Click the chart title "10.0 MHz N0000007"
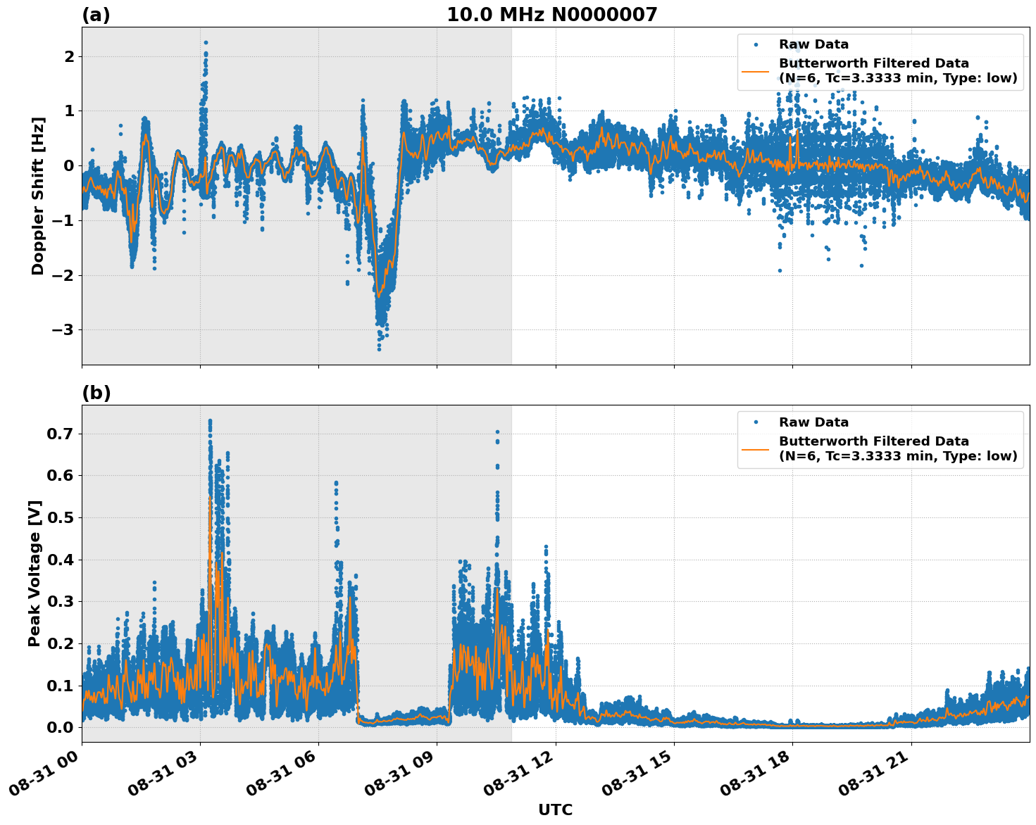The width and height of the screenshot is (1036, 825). (x=551, y=15)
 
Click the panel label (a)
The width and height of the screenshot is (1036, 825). (x=96, y=15)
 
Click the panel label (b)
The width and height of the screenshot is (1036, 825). (x=96, y=393)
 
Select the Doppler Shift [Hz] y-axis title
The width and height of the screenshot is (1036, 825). (x=38, y=196)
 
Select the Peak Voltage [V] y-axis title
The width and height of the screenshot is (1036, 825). (x=35, y=573)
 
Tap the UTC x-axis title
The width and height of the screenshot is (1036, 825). (x=555, y=810)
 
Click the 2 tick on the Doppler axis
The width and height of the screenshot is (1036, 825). (x=69, y=56)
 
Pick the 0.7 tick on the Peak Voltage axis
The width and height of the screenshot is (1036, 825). (x=61, y=434)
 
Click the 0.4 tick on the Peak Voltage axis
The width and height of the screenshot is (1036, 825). (x=61, y=560)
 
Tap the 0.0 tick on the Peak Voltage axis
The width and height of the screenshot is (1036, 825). (x=61, y=727)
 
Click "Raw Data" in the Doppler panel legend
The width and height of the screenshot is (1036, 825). (x=813, y=45)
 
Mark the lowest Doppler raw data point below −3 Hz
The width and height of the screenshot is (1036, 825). (x=379, y=348)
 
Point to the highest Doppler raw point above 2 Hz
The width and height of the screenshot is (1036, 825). (x=206, y=42)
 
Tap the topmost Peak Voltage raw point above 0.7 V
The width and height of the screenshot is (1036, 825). (x=210, y=421)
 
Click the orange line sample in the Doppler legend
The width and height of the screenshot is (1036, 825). (x=756, y=70)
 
